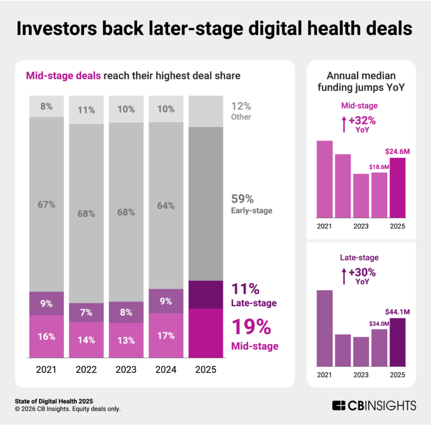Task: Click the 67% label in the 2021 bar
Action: tap(47, 205)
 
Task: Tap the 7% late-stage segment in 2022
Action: tap(86, 312)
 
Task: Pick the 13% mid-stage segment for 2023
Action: tap(126, 339)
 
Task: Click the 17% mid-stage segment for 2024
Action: tap(166, 336)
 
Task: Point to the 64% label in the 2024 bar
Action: tap(166, 205)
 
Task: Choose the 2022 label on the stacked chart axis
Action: tap(86, 371)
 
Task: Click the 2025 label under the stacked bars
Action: tap(205, 371)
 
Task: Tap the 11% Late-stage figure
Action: tap(245, 290)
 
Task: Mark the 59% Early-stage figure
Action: tap(242, 198)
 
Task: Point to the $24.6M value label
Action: tap(397, 151)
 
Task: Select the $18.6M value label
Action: tap(379, 167)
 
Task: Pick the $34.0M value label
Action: tap(379, 322)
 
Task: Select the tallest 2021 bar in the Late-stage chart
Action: tap(325, 329)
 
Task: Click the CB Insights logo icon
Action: tap(339, 405)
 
